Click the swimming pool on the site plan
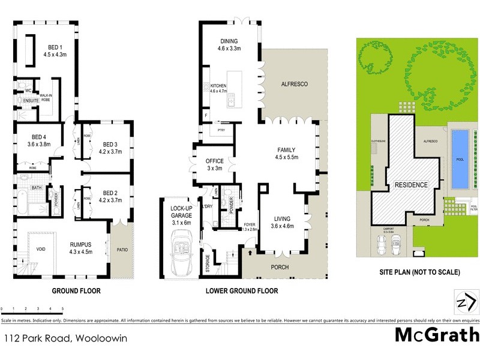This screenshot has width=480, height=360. (x=459, y=158)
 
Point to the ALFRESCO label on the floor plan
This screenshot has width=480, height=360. (x=294, y=85)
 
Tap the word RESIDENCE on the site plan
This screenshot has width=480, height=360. (x=411, y=185)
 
